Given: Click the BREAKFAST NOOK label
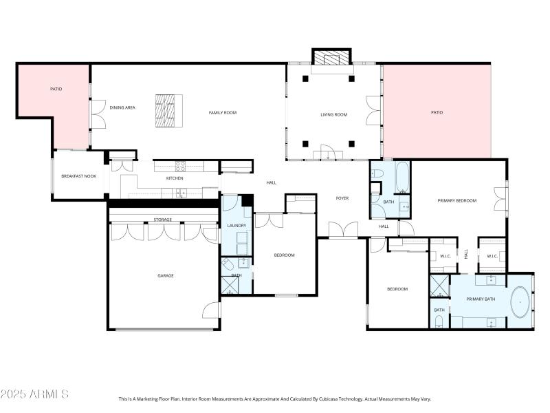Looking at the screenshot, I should point(78,177).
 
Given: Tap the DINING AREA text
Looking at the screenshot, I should point(122,107).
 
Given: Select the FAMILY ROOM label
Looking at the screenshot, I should point(223,112).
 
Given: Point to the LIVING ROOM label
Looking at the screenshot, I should point(333,114).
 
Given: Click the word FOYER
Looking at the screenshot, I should point(342,198).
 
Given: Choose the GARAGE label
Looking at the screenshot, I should point(165,275).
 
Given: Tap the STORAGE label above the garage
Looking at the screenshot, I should point(162,220).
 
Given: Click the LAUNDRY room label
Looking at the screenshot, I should point(236,225).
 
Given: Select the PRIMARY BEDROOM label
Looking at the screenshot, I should point(457,200).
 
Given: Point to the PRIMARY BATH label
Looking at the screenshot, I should point(481,299).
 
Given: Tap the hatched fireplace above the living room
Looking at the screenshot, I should point(331,58).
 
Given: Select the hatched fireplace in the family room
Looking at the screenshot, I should point(169,111).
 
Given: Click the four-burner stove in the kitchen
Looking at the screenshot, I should point(180,165).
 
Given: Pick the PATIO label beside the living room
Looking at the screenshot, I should point(437,112).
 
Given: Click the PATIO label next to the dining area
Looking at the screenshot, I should point(56,89).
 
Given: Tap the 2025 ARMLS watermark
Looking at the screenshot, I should point(34,394).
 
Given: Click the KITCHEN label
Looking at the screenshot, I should point(175,178).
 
